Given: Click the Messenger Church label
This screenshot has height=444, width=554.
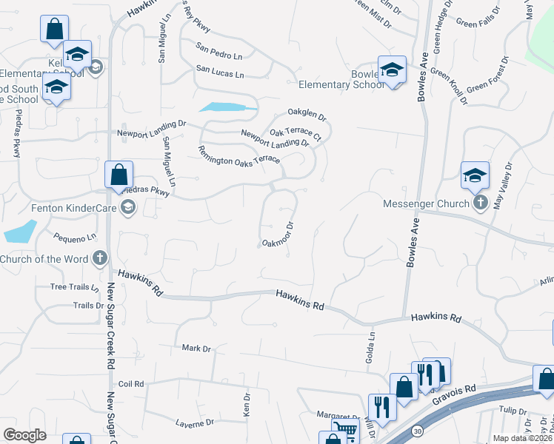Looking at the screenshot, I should pos(426,203).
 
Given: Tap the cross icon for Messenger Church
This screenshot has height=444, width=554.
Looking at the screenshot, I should pos(480,203).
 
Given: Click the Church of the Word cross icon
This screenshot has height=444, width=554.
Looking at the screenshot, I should pos(100,259).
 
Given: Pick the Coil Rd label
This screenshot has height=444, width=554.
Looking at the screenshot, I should pos(130,384).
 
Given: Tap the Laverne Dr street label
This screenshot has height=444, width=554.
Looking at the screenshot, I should pos(194,423).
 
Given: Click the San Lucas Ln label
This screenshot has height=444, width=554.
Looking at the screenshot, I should pos(220,73).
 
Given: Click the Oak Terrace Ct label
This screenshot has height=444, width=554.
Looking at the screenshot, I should pos(295,134).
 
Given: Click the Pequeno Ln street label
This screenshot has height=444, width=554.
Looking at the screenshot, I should pos(75,238).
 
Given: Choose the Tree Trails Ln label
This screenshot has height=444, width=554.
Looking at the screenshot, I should pos(74,287).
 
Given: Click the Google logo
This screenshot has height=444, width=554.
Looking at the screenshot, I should pos(25,434).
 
